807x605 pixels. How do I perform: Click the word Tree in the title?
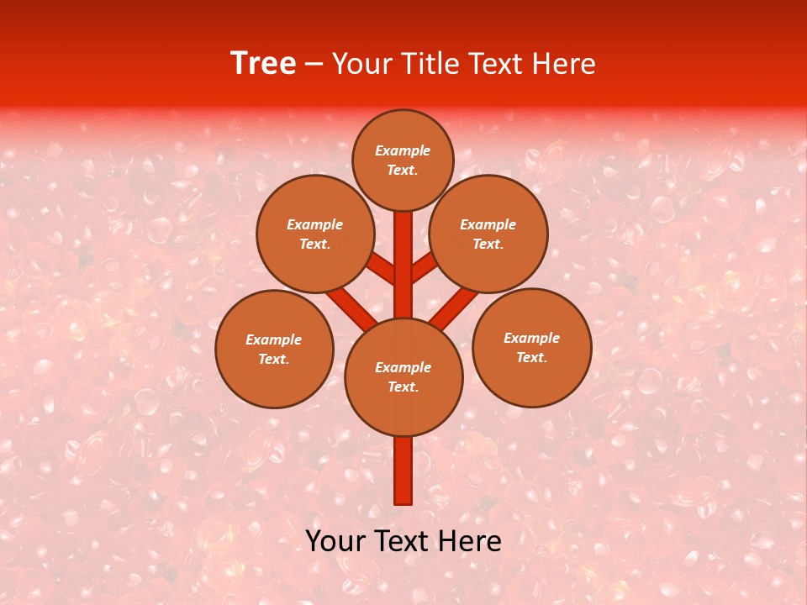(x=263, y=64)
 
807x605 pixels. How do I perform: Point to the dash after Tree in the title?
(x=314, y=65)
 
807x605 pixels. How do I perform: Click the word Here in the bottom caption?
(x=468, y=541)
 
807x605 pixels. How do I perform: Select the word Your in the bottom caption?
(x=335, y=541)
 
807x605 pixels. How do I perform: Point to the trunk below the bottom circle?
(x=403, y=471)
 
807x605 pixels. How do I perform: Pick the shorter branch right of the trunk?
(x=424, y=268)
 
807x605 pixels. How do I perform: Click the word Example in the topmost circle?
(x=403, y=151)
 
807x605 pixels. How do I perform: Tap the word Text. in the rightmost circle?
(x=531, y=357)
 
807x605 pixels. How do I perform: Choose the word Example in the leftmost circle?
(x=273, y=339)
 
